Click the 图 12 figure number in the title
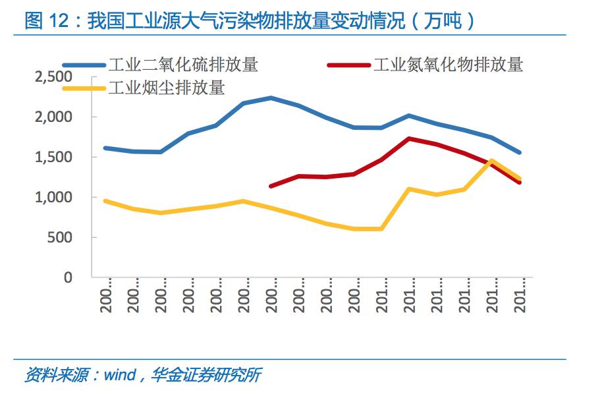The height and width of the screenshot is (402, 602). [47, 20]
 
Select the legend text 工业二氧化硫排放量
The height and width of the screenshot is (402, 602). [183, 65]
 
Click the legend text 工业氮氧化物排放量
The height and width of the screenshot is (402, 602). [448, 65]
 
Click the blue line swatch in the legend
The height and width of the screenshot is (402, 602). [84, 65]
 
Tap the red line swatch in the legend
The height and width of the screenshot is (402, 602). [348, 65]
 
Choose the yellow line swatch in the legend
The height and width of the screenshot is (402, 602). [84, 87]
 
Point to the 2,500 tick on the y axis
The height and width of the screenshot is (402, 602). [52, 77]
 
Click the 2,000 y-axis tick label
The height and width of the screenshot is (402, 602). [52, 117]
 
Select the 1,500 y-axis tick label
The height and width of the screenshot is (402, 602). [52, 158]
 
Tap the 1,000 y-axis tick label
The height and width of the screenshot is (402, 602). [52, 198]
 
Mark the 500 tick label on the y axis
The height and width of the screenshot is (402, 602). [59, 238]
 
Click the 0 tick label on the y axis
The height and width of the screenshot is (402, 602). [68, 277]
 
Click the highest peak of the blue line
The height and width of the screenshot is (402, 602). [271, 98]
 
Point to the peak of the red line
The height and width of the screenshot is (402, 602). [410, 138]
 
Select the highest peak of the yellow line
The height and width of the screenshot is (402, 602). [492, 160]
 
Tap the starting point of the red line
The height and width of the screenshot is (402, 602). [271, 187]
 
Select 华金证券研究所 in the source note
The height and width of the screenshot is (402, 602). [206, 376]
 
